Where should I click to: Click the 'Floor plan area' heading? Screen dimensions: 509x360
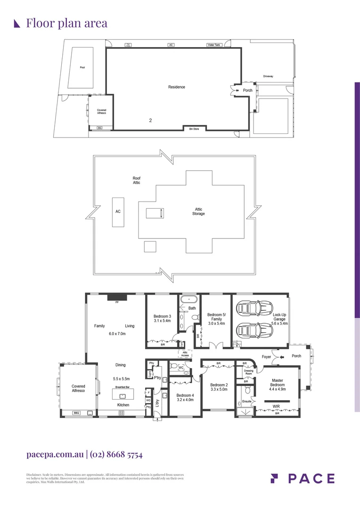point(66,23)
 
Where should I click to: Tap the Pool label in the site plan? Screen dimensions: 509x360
point(82,67)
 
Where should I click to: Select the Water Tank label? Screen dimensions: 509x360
point(213,45)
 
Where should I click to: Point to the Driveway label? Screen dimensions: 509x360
point(268,76)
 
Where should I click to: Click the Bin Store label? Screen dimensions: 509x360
point(194,129)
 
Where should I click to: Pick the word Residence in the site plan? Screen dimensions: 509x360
point(177,87)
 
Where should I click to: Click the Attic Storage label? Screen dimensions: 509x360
point(198,212)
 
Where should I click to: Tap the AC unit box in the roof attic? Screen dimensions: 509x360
point(118,212)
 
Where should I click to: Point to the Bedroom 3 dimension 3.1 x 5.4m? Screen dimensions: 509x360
point(162,321)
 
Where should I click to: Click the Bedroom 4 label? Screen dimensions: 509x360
point(185,395)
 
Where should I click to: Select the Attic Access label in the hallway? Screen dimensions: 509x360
point(185,354)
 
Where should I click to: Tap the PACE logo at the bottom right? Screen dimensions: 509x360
point(303,478)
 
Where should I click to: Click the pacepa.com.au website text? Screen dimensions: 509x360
point(55,455)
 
